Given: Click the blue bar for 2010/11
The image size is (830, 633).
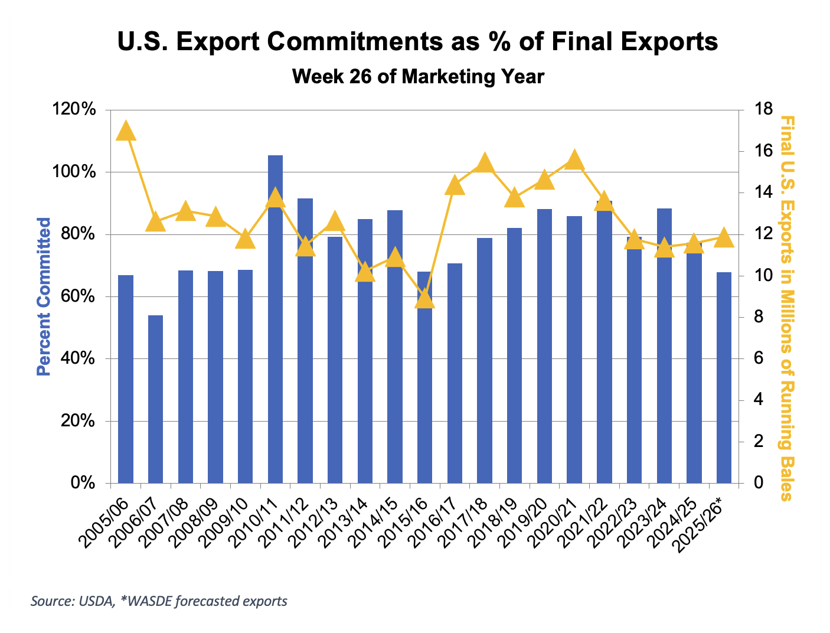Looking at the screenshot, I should coord(275,319).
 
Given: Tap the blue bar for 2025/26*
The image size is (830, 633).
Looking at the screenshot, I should coord(724,378).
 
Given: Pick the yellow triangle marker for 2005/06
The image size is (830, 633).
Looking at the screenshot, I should coord(126,130).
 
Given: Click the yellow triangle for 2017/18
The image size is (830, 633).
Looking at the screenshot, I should coord(485,162).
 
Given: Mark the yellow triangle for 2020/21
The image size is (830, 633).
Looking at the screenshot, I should coord(574,160).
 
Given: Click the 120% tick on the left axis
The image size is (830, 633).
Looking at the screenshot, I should coord(82,110).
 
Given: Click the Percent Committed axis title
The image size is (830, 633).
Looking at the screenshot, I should coord(44,296).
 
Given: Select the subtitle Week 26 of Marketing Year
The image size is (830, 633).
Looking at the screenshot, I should coord(418,77).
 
